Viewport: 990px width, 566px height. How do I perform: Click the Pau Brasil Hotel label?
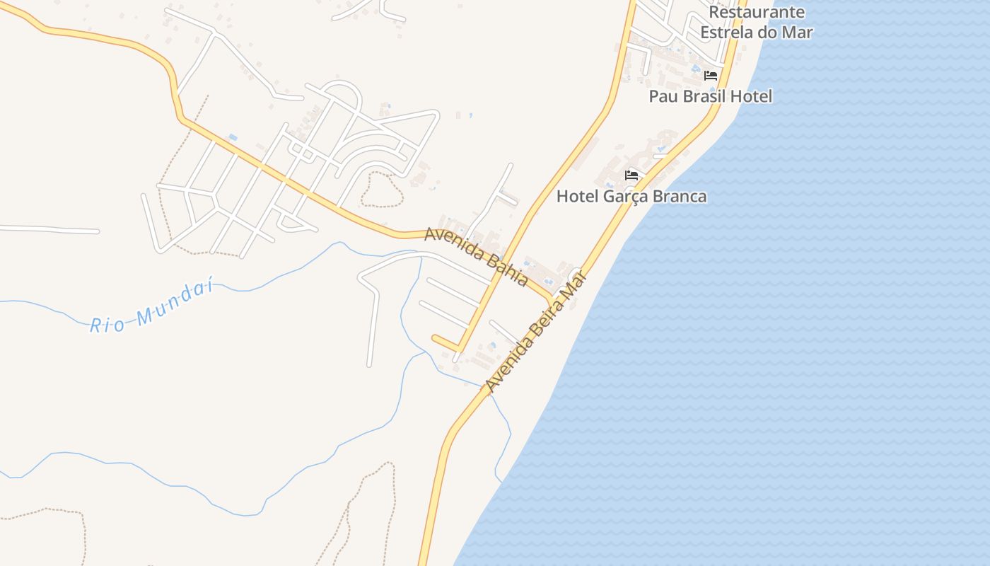point(711,96)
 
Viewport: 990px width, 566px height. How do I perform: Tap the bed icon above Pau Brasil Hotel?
point(711,75)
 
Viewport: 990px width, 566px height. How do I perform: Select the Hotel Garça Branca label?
point(631,197)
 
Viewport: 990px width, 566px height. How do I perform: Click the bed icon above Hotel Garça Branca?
point(631,175)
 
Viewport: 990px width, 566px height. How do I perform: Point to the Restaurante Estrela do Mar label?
point(757,22)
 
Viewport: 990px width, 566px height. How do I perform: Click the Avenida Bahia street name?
point(476,256)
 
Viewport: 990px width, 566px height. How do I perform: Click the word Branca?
point(680,197)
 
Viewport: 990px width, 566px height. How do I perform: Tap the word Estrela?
point(730,33)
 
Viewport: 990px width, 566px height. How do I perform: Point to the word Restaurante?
point(757,12)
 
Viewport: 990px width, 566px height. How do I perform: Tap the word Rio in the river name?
point(107,325)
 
